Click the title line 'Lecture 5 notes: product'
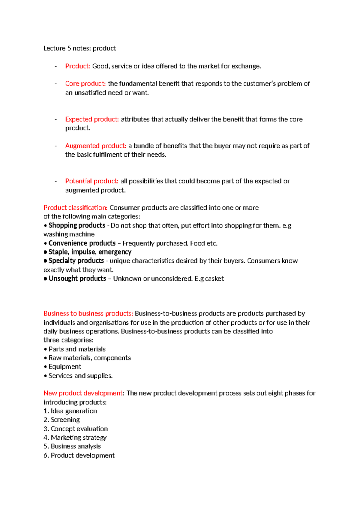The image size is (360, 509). click(79, 48)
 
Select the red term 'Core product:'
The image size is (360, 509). click(85, 83)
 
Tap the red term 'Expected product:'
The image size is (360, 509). click(92, 119)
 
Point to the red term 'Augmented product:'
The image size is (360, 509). click(95, 146)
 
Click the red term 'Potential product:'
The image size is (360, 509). click(91, 181)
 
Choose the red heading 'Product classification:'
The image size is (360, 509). click(75, 208)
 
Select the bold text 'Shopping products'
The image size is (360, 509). click(77, 225)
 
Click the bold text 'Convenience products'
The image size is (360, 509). click(82, 243)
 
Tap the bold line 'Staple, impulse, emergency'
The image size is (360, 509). click(90, 252)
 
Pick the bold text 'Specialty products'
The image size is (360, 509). click(76, 261)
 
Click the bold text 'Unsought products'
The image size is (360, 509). click(77, 279)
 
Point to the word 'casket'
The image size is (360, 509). click(214, 279)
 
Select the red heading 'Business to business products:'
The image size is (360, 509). click(88, 313)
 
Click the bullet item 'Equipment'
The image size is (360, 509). click(65, 367)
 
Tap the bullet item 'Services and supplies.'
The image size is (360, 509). click(80, 376)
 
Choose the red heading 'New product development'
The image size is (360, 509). click(83, 393)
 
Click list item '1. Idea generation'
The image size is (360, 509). click(70, 411)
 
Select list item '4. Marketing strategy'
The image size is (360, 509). click(75, 438)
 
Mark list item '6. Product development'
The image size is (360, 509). click(79, 455)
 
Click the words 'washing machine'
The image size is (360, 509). click(69, 234)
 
